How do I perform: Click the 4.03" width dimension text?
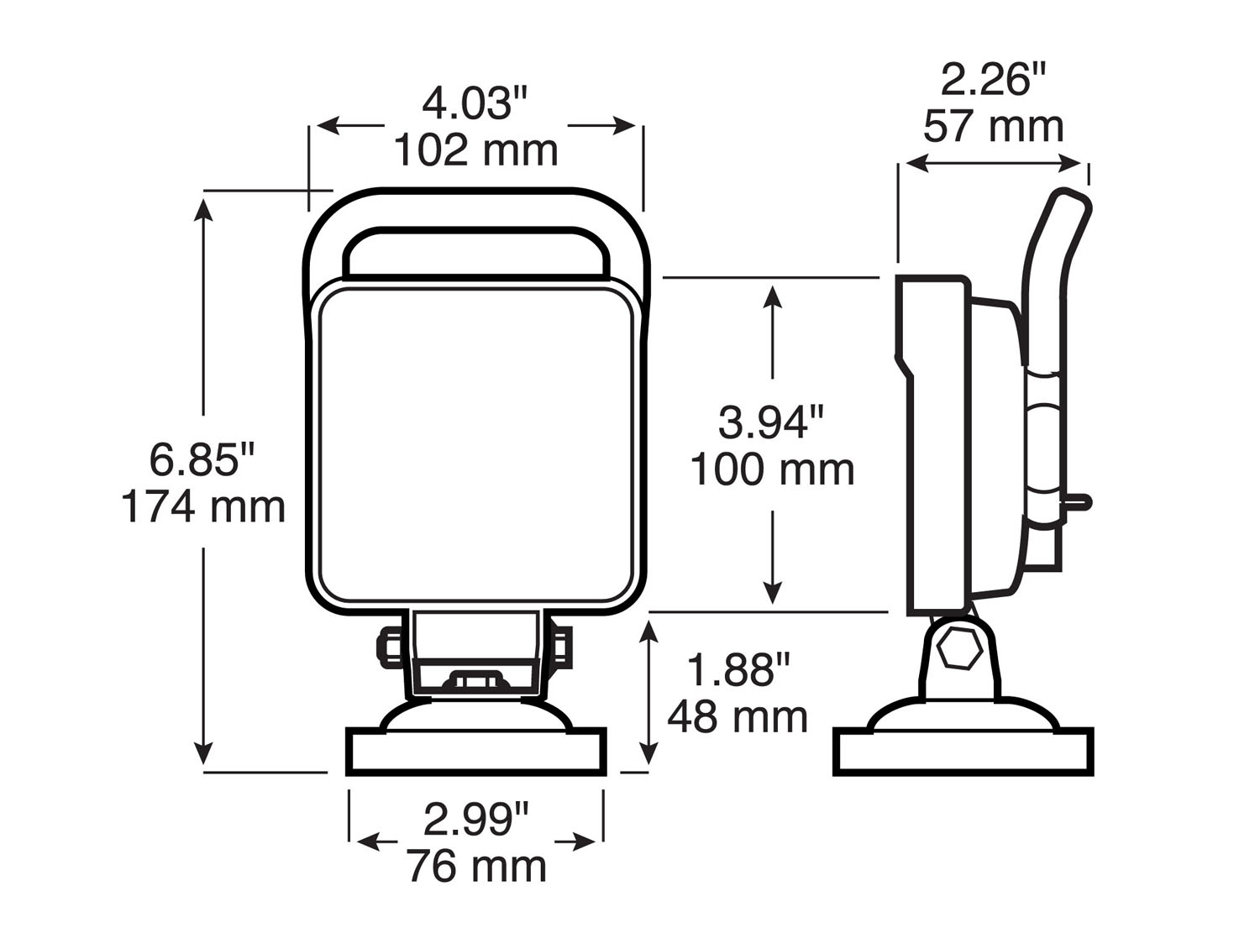click(475, 104)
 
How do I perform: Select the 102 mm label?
click(475, 151)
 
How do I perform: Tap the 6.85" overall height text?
click(202, 459)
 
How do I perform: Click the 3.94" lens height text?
click(771, 422)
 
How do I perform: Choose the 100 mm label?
click(772, 470)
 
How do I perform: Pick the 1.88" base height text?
click(738, 670)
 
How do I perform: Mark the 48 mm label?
click(738, 717)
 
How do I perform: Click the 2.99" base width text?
click(476, 819)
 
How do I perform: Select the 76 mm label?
click(476, 866)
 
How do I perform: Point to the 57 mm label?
click(994, 127)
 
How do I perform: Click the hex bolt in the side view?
click(959, 649)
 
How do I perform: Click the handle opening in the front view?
click(475, 252)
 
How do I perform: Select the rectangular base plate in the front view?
click(475, 752)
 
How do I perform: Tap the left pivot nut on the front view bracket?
click(391, 647)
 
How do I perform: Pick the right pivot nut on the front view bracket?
click(561, 647)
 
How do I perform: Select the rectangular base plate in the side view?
click(963, 752)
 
